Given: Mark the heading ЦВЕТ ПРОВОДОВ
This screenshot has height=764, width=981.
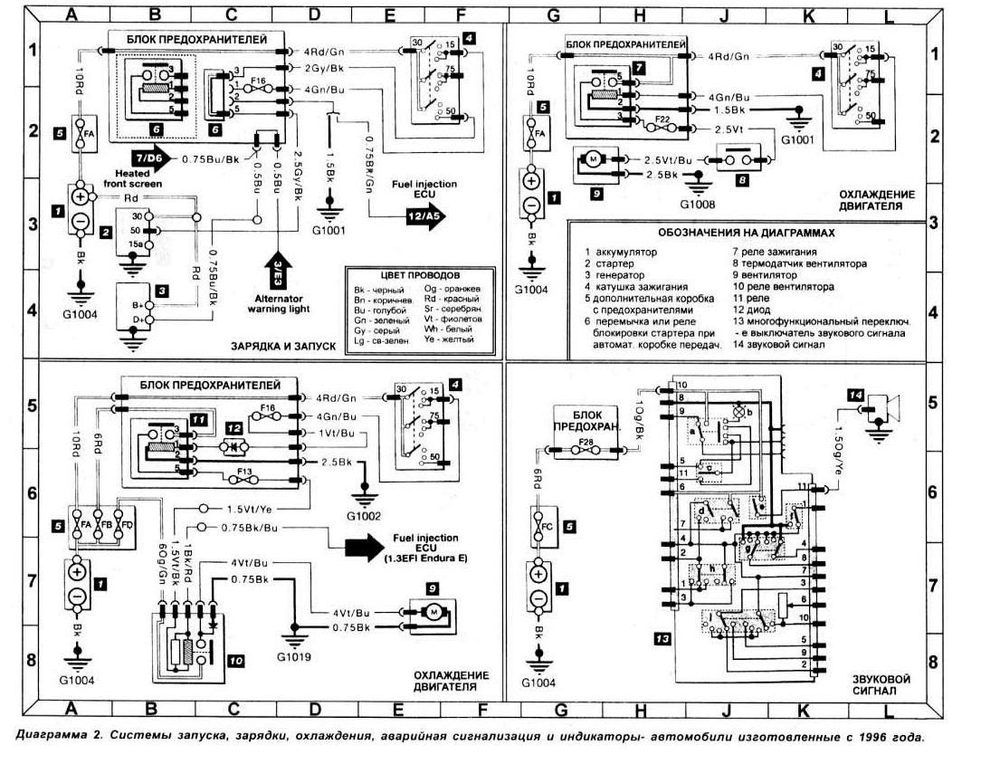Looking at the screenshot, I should tap(421, 272).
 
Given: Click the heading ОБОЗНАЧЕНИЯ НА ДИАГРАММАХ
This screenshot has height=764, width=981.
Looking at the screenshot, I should tap(747, 232).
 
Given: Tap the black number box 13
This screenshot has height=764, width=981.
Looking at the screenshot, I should tap(662, 639).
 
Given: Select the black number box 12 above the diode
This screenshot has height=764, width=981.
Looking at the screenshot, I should tap(233, 427).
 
